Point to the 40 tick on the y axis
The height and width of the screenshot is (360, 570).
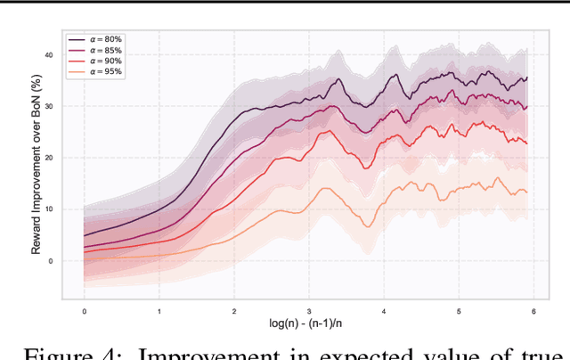click(49, 55)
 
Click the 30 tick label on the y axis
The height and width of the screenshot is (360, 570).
click(49, 107)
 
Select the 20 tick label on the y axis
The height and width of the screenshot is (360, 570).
click(49, 158)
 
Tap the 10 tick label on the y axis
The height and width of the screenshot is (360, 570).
click(49, 209)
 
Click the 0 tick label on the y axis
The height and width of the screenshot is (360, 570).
click(51, 261)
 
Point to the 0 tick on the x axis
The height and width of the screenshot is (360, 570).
click(84, 311)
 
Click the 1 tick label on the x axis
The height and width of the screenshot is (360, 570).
click(159, 311)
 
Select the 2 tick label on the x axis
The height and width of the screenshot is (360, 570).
click(233, 311)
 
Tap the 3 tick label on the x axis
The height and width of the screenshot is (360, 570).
click(308, 311)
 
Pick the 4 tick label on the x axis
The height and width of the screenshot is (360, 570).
click(383, 311)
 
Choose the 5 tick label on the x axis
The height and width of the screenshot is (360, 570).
click(458, 311)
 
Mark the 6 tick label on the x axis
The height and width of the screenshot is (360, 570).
click(533, 311)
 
